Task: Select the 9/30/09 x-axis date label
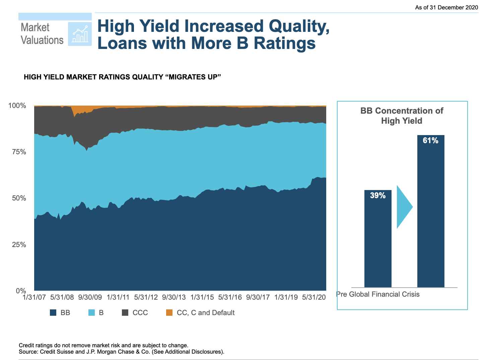coord(90,297)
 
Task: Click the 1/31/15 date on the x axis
coord(202,297)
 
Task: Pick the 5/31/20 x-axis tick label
coord(314,297)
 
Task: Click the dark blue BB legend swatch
coord(53,313)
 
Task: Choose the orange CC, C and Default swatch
coord(169,313)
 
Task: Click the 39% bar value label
coord(378,195)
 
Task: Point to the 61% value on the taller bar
coord(430,140)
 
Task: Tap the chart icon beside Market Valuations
coord(80,34)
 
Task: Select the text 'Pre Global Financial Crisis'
coord(378,294)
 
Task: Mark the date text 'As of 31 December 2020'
coord(446,7)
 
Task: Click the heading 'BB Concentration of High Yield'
coord(402,116)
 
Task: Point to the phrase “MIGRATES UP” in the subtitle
coord(194,77)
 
